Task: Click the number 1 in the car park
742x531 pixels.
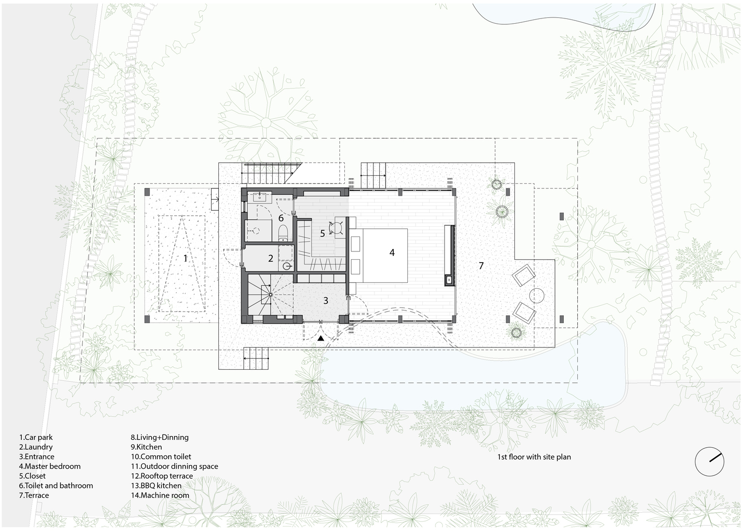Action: click(185, 258)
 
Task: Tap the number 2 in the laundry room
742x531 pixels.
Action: click(271, 258)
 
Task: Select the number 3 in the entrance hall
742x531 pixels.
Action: click(325, 300)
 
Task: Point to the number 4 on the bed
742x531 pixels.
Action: click(392, 252)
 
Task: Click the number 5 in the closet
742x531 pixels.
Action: click(323, 233)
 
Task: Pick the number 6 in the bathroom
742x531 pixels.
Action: click(281, 218)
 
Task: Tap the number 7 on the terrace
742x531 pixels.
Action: click(481, 265)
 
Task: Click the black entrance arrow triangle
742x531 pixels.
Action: click(321, 339)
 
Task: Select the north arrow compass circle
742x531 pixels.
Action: click(709, 461)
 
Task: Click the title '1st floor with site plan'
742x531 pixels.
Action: click(534, 457)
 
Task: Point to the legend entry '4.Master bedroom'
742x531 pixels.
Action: click(50, 466)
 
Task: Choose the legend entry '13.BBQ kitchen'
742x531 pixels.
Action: click(156, 485)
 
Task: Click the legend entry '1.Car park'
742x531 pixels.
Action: click(36, 437)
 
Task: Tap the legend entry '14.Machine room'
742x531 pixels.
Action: click(160, 495)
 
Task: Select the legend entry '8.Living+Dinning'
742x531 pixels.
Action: click(160, 437)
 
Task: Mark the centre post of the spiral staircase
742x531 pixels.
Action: click(271, 295)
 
